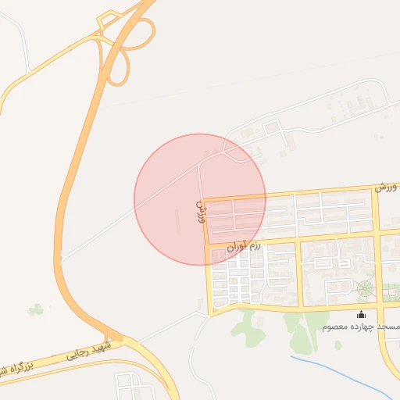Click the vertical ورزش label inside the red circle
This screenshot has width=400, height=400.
(x=199, y=211)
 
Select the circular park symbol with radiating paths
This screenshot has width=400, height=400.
(x=365, y=289)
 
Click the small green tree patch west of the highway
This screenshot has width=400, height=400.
(x=35, y=310)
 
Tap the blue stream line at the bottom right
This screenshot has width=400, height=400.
(x=344, y=373)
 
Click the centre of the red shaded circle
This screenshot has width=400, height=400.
(x=200, y=199)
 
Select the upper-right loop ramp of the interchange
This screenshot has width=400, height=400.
(x=142, y=34)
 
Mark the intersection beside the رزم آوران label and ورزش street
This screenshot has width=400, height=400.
(x=207, y=245)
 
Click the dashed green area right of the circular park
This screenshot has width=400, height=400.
(x=391, y=291)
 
